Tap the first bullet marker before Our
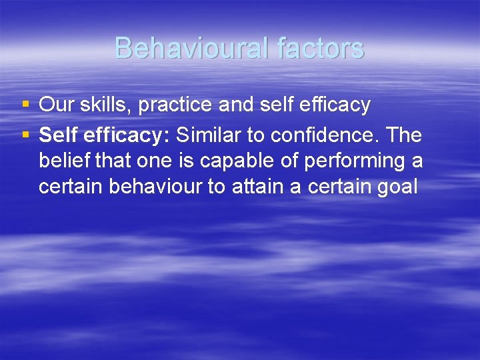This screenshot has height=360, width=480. pos(25,105)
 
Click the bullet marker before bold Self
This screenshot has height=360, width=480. pos(25,135)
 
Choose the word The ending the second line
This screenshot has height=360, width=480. pos(403,135)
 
